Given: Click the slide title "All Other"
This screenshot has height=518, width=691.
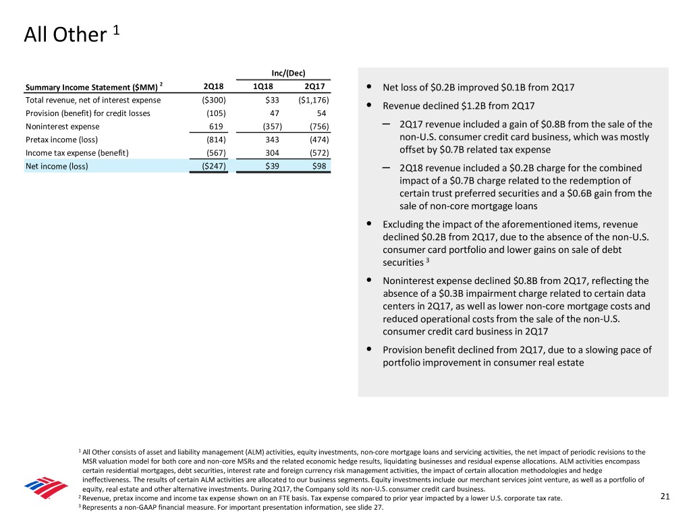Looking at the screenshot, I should pos(65,34).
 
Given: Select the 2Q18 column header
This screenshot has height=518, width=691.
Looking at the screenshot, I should pos(213,87).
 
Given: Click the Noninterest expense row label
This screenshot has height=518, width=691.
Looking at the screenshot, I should pos(62,126).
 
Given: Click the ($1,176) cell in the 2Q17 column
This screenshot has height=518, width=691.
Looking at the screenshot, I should pos(312,100).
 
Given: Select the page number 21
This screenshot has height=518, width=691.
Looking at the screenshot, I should pos(665,497).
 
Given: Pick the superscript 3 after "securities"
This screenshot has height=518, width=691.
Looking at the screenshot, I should pos(429,260).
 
